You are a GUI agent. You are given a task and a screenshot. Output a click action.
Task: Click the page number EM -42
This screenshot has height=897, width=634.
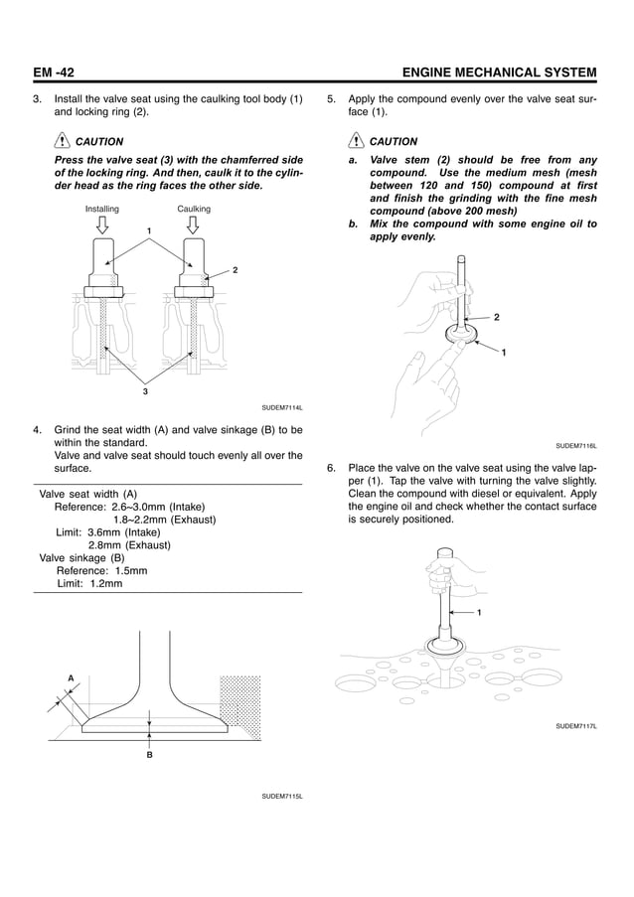(54, 73)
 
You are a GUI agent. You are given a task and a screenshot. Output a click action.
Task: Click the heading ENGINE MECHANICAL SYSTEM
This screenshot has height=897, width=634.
(495, 73)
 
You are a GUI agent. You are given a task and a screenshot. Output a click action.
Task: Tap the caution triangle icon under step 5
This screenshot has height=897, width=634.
(356, 141)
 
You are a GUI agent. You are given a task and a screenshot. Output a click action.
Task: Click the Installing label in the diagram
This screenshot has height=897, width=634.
(102, 210)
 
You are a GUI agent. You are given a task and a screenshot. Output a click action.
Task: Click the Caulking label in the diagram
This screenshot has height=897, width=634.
(194, 210)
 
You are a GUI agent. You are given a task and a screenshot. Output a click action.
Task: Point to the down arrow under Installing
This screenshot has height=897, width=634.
(102, 226)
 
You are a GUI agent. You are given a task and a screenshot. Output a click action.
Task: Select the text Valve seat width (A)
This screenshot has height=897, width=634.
(87, 494)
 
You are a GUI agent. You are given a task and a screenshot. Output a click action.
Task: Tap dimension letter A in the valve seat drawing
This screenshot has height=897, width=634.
(71, 677)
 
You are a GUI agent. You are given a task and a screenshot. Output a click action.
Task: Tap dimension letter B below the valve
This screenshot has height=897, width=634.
(149, 755)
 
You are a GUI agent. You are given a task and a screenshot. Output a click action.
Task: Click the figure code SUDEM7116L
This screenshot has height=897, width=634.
(576, 446)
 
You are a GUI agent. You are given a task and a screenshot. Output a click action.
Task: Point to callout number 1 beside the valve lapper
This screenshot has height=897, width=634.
(479, 612)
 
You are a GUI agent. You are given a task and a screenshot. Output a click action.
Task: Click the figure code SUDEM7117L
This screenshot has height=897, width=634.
(576, 726)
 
